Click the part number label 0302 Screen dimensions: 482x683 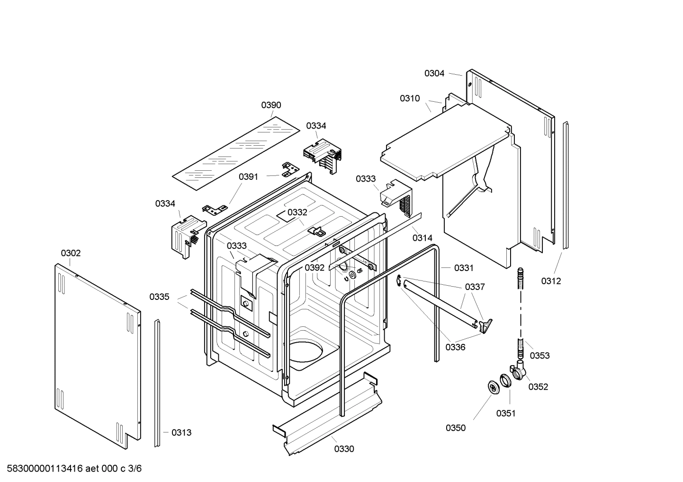(71, 253)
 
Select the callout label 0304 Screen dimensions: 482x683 (434, 73)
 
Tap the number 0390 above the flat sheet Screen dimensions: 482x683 (271, 105)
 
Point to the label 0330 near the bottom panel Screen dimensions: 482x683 (344, 449)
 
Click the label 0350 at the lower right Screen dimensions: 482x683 (455, 428)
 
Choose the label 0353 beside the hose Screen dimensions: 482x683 (539, 356)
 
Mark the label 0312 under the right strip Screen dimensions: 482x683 (551, 281)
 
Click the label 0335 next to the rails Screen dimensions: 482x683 (159, 297)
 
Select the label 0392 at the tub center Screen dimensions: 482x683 (315, 268)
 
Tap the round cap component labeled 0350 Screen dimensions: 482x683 (494, 386)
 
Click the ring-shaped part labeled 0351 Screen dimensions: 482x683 (505, 380)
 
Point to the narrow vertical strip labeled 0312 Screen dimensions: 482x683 (566, 184)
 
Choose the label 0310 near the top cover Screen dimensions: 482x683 (410, 98)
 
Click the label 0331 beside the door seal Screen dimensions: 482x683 (464, 268)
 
